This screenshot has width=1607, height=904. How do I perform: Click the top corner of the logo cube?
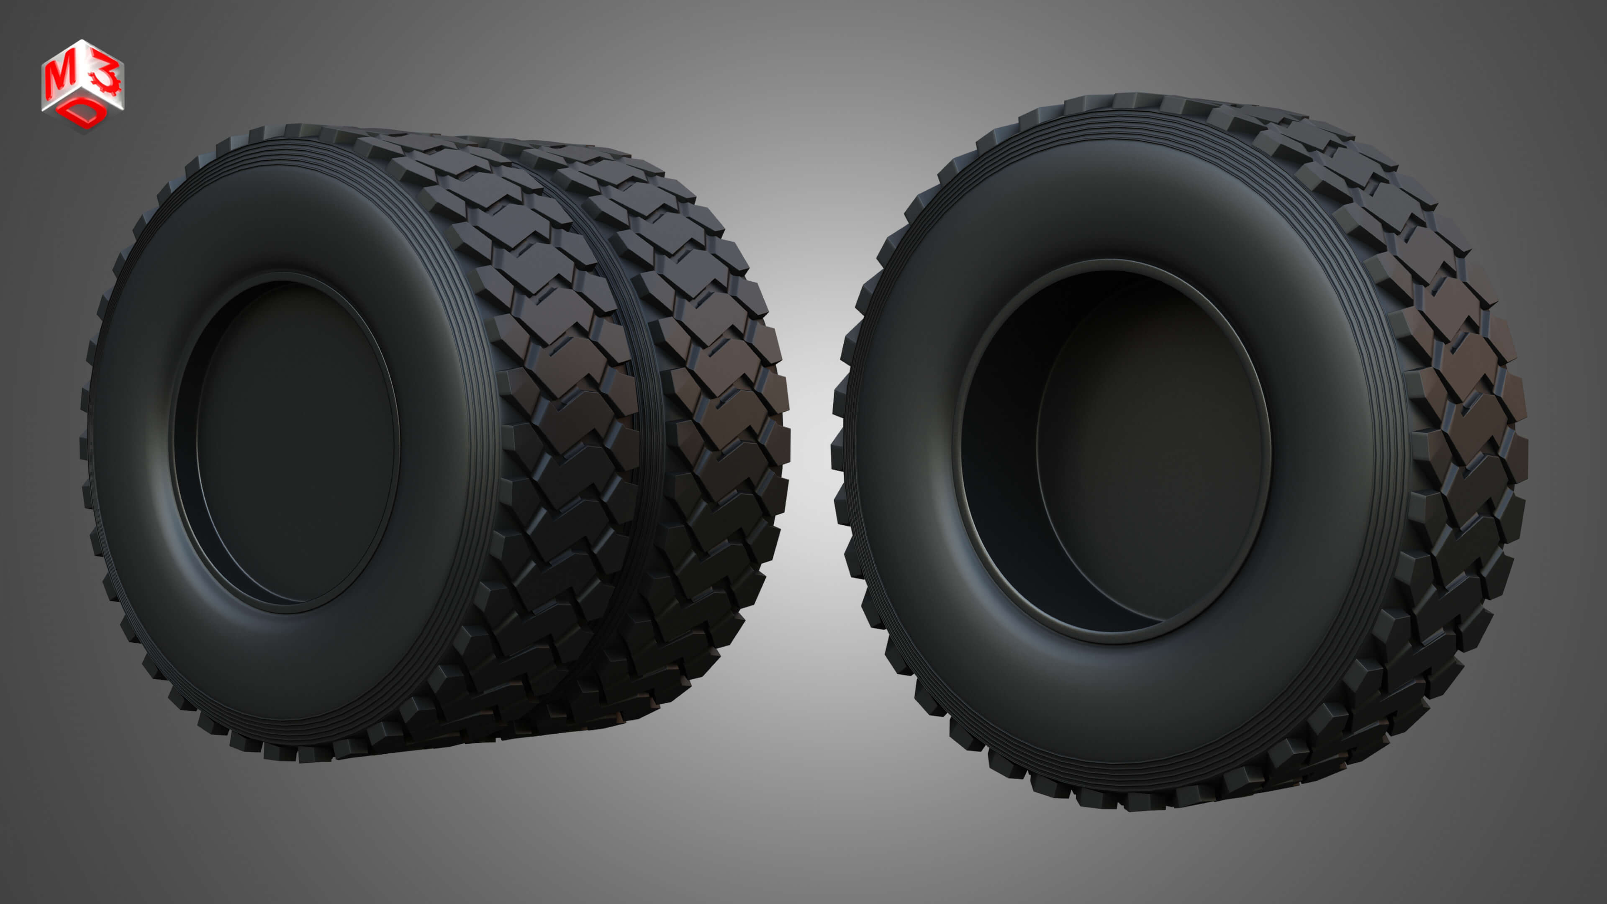pos(83,42)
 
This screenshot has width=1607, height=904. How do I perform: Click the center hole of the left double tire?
pos(293,443)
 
